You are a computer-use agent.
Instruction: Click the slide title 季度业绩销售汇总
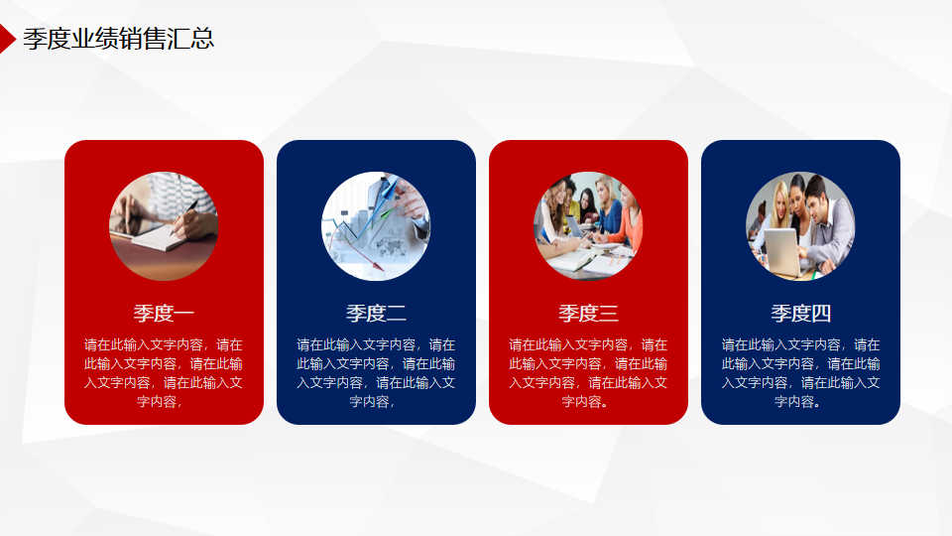(118, 39)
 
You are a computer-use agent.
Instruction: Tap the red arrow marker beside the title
(7, 39)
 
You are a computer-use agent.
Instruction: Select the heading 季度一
(164, 313)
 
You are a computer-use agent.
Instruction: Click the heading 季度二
(376, 313)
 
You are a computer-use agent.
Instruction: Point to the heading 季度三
(588, 313)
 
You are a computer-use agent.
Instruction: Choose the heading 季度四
(800, 313)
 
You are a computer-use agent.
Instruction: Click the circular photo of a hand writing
(164, 226)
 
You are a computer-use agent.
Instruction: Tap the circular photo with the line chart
(376, 226)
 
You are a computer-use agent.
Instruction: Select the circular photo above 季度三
(588, 226)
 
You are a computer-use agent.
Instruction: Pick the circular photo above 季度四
(800, 226)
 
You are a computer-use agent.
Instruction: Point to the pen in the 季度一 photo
(183, 217)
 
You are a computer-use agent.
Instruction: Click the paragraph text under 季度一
(164, 373)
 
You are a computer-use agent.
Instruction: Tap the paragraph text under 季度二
(376, 373)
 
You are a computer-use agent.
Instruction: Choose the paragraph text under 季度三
(588, 373)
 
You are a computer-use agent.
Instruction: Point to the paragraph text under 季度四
(800, 373)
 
